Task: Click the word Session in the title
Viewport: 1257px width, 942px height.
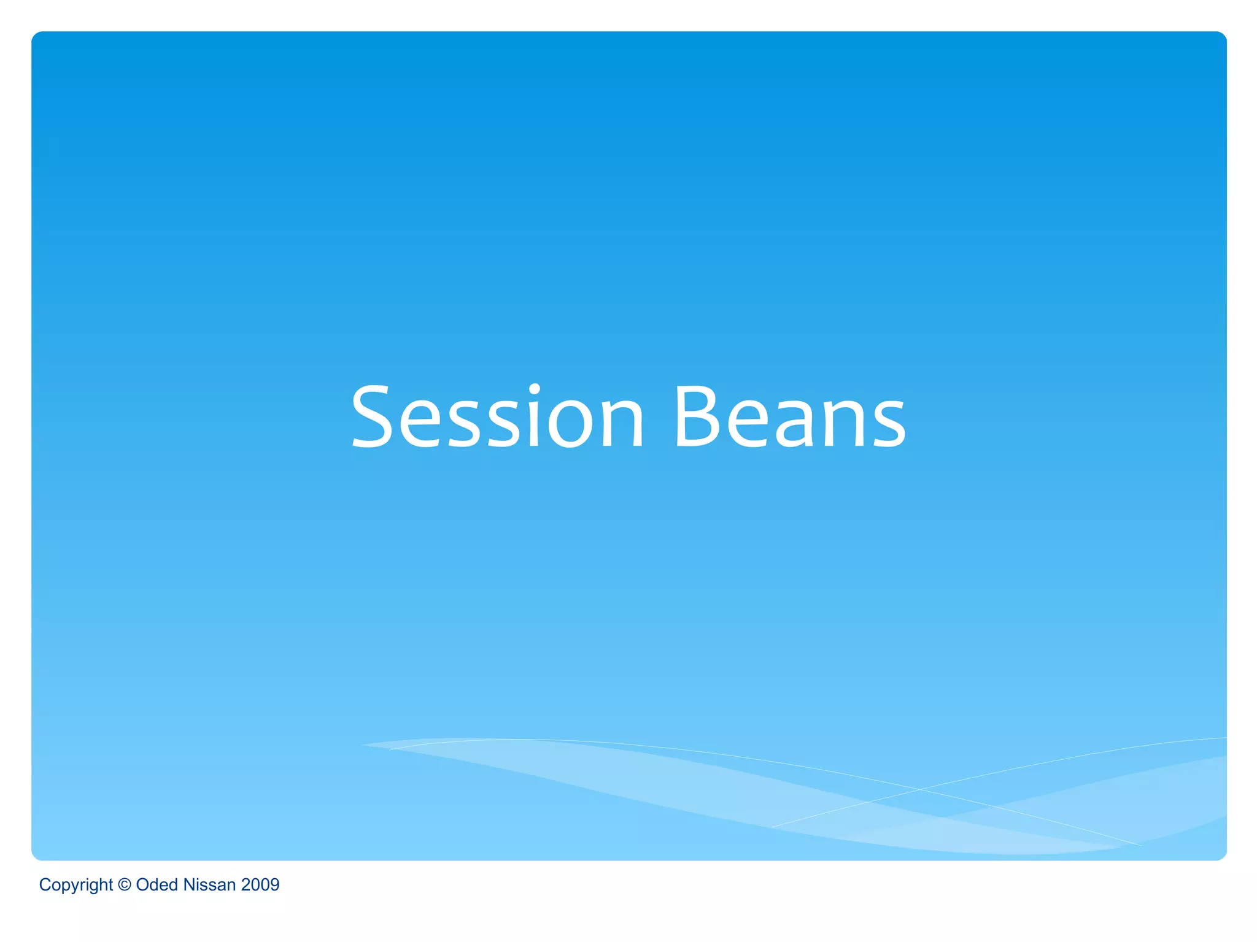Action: (497, 417)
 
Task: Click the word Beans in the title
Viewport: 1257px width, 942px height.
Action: (789, 417)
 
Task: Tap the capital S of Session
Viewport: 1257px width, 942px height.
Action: (372, 417)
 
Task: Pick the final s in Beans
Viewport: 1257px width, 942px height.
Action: (887, 424)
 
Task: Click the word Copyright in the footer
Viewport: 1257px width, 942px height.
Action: (75, 885)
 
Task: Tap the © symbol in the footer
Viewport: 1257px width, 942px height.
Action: (124, 884)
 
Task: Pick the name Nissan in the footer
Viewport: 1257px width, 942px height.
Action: (209, 884)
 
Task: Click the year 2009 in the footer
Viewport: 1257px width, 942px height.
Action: (260, 884)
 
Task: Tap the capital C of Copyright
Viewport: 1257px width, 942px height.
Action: (45, 884)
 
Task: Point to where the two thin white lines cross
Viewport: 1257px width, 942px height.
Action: (919, 789)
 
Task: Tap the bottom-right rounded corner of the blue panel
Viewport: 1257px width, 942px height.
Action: (1222, 856)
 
